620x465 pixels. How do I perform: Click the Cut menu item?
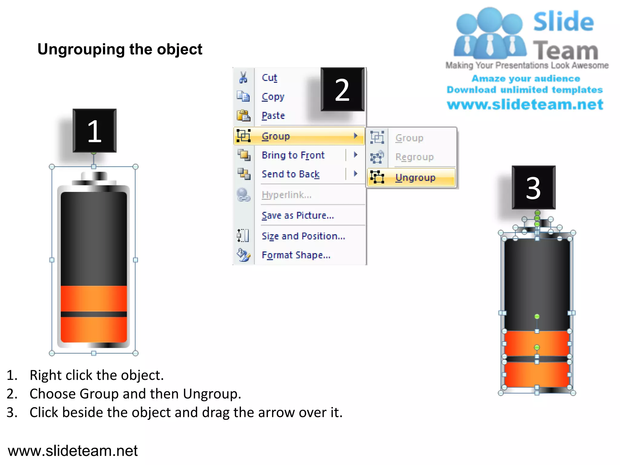click(x=269, y=77)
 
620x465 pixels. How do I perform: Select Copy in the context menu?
click(x=273, y=97)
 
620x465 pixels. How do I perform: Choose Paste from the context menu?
click(x=273, y=116)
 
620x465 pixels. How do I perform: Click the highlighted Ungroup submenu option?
click(x=415, y=177)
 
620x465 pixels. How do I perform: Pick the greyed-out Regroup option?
click(x=414, y=157)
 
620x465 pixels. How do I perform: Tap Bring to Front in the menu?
click(x=293, y=155)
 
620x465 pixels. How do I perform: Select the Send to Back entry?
click(x=290, y=174)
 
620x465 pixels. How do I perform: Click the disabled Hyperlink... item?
click(x=286, y=195)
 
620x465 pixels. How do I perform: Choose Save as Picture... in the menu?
click(x=298, y=215)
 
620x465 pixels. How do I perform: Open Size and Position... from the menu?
click(x=303, y=236)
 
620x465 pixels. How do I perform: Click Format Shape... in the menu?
click(x=296, y=255)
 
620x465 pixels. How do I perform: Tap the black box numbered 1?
click(x=94, y=131)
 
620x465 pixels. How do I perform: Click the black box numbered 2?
click(x=342, y=90)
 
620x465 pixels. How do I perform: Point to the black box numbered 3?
click(x=533, y=188)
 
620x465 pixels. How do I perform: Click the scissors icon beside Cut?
click(x=243, y=77)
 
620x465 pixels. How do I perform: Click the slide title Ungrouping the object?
click(x=120, y=49)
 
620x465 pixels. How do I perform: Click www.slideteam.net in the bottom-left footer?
click(x=73, y=451)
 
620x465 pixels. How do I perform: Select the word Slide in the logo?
click(x=563, y=22)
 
